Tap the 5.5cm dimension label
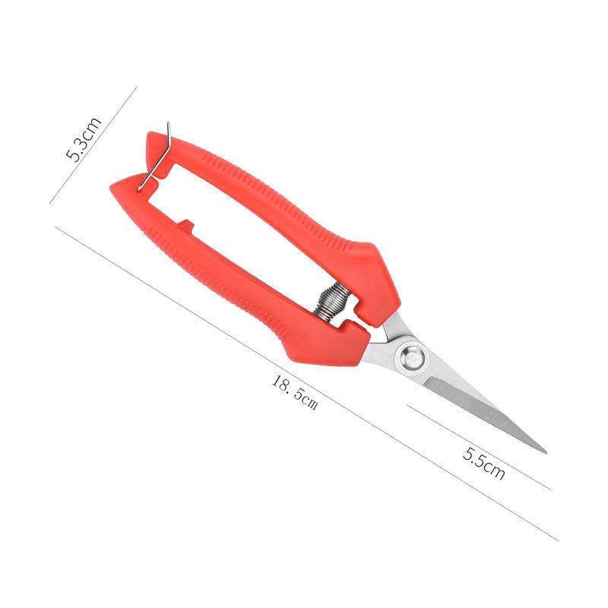click(484, 464)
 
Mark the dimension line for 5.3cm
click(93, 144)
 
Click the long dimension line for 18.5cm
click(304, 380)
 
